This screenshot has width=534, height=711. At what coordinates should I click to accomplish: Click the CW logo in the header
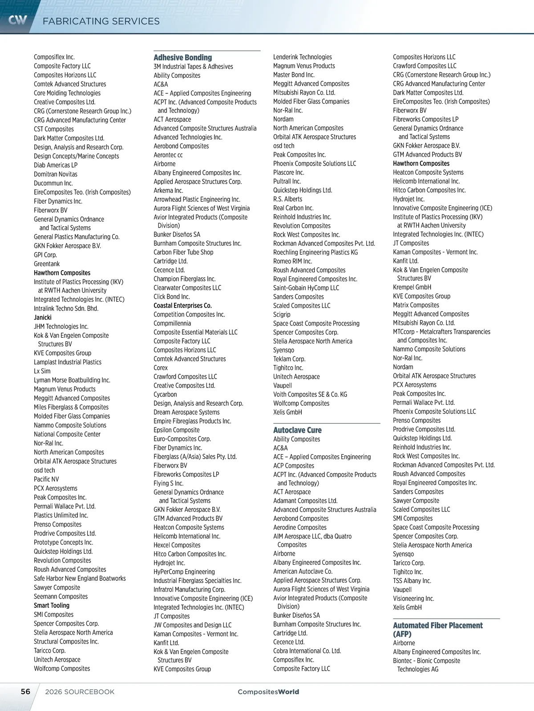(18, 20)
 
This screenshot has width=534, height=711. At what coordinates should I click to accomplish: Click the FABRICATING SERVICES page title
(101, 21)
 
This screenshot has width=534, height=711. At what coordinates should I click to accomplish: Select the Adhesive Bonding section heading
(182, 57)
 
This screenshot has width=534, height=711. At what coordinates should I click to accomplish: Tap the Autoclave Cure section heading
(297, 430)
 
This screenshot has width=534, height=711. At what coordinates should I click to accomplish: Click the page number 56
(26, 691)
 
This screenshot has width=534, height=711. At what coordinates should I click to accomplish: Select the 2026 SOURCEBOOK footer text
(80, 692)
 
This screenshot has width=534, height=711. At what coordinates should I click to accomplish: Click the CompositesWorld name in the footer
(268, 692)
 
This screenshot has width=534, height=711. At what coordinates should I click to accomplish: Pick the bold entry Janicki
(43, 317)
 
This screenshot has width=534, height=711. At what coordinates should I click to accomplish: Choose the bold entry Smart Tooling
(52, 605)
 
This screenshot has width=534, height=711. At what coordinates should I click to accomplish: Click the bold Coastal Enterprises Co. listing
(182, 306)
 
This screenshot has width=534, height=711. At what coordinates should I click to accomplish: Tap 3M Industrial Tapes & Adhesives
(193, 67)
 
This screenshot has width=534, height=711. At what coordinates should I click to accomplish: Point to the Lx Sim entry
(42, 371)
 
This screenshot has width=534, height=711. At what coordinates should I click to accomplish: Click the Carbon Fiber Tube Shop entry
(183, 252)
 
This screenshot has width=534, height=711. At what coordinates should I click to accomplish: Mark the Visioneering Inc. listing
(413, 599)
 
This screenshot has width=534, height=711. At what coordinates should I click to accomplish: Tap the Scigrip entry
(282, 315)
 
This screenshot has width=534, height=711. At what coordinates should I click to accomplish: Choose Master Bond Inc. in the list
(294, 75)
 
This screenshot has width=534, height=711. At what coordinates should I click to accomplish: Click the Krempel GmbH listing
(412, 288)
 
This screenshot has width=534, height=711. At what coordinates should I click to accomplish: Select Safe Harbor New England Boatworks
(80, 579)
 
